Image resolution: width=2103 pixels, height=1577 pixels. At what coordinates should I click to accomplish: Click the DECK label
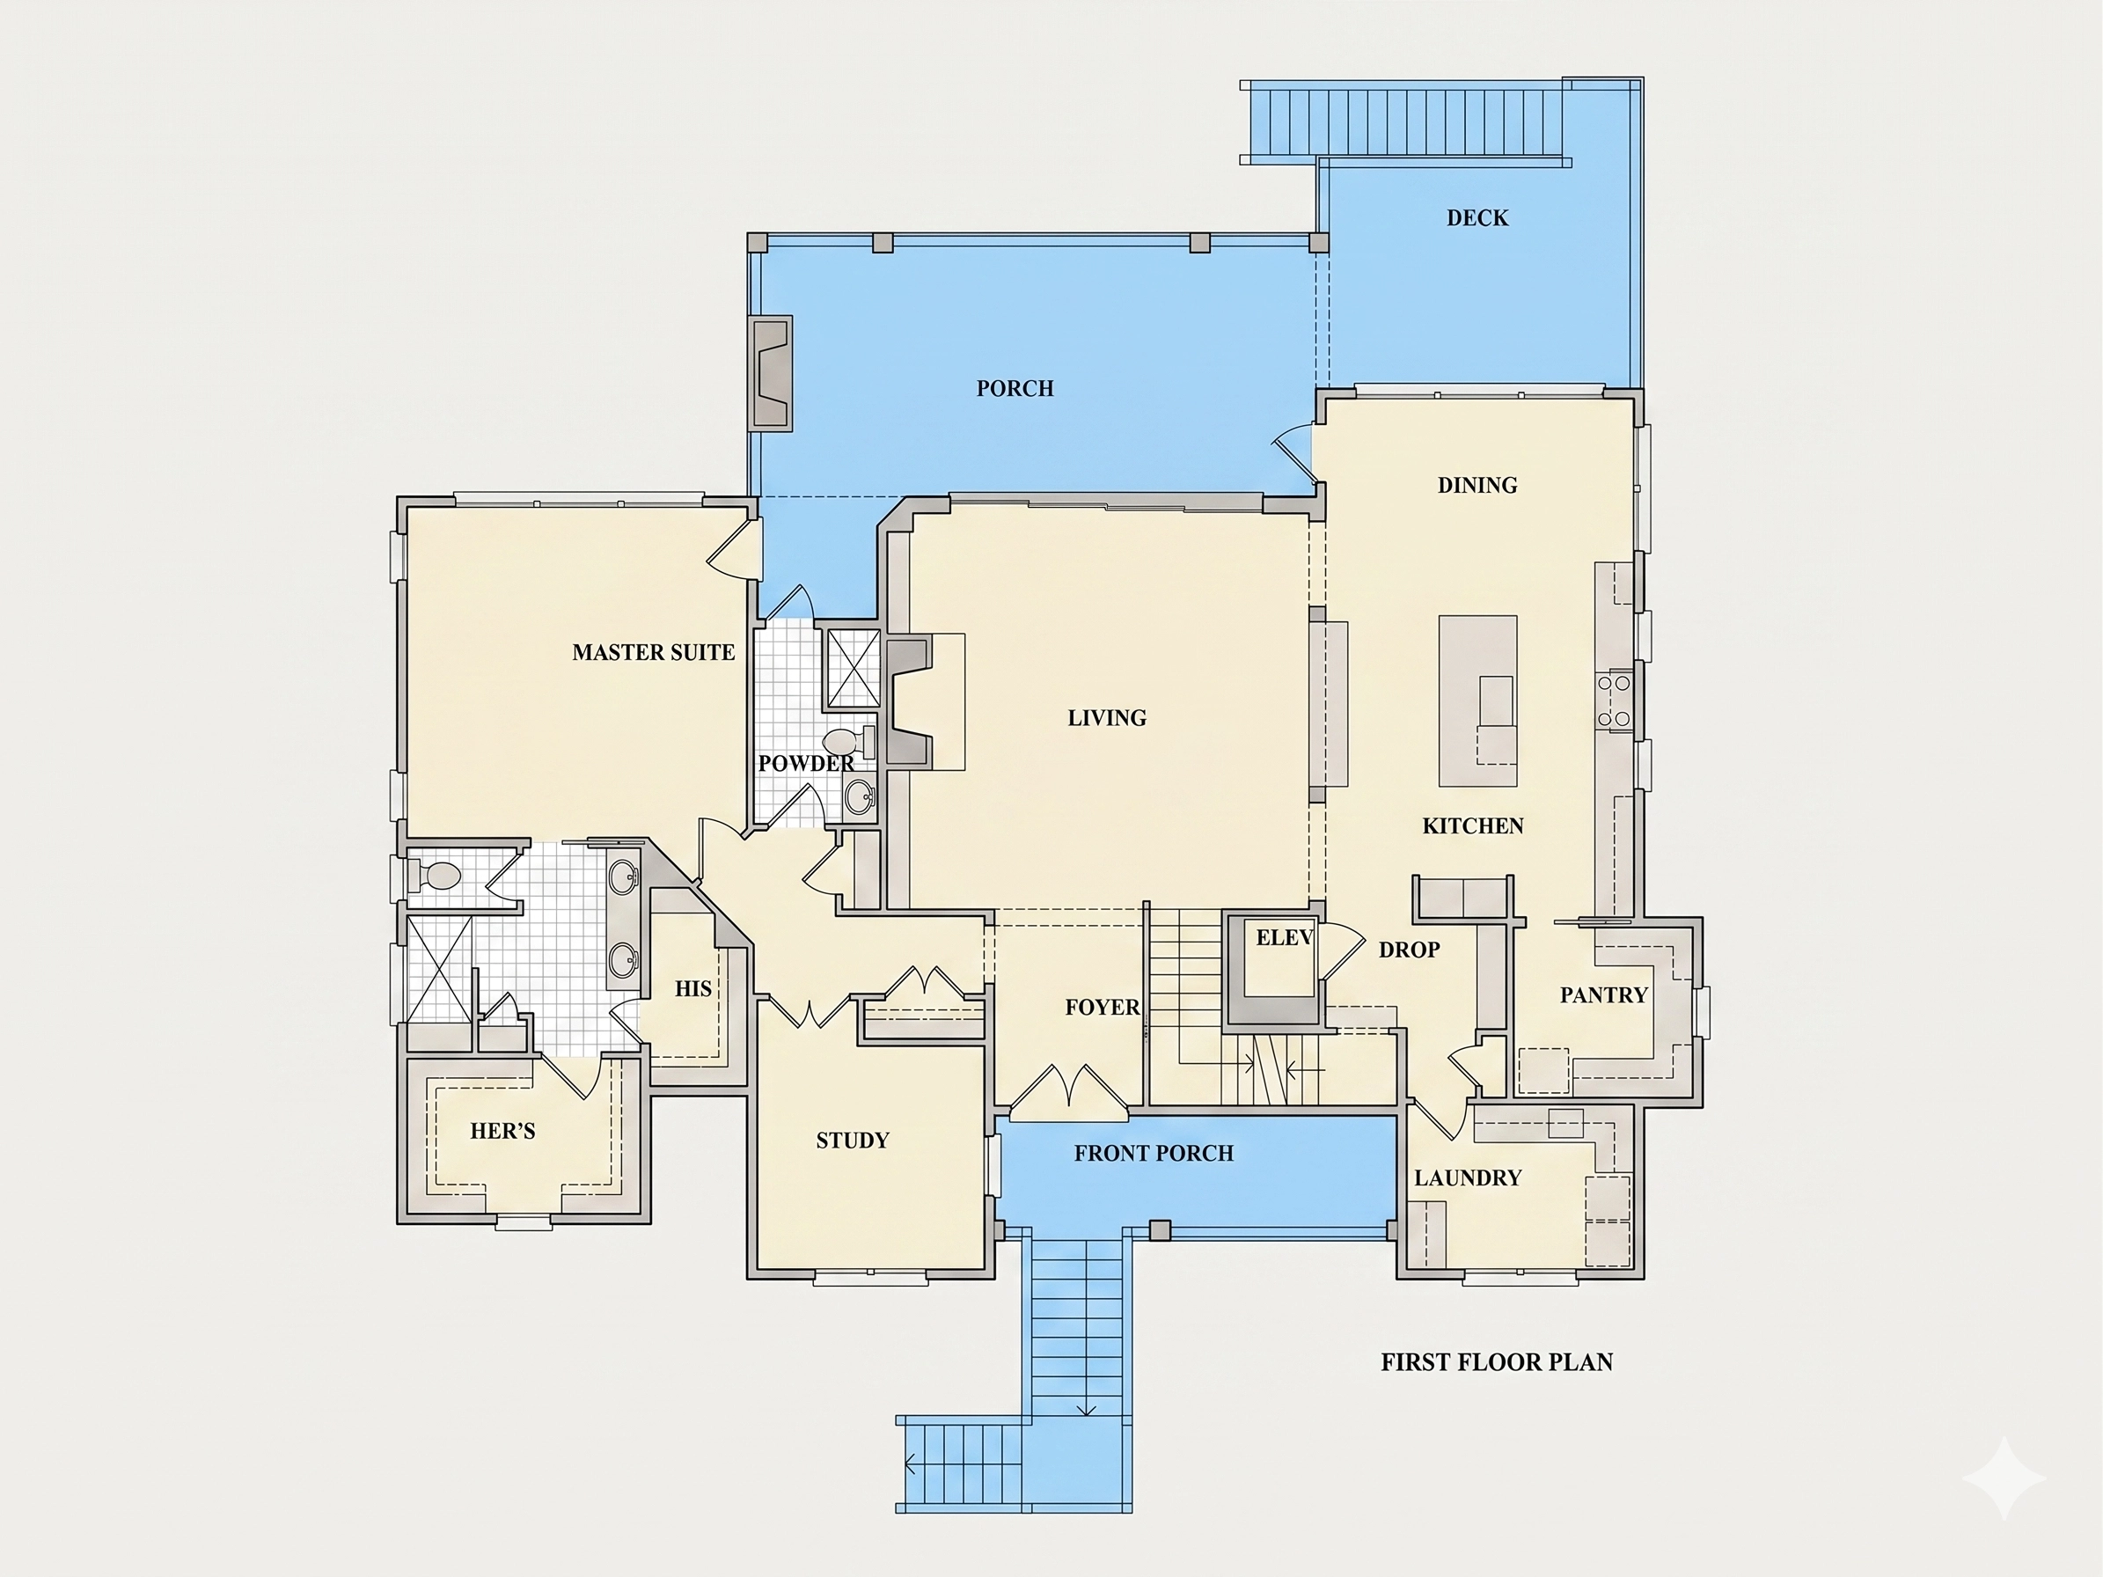click(1477, 217)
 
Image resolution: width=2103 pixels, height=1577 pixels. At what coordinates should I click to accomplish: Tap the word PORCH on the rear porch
click(1015, 388)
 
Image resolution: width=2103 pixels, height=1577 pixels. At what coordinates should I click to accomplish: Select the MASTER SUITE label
click(653, 652)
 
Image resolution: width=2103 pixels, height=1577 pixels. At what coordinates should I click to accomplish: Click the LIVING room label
click(1107, 718)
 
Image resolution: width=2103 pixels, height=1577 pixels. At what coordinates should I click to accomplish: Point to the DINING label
click(1476, 485)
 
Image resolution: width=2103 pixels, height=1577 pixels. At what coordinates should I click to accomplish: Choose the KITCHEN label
click(1473, 826)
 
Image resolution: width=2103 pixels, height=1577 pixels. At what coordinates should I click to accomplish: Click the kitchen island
click(1477, 700)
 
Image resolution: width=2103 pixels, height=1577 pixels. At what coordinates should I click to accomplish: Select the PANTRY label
click(1603, 995)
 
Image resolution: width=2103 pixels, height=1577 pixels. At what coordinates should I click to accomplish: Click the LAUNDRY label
click(1467, 1177)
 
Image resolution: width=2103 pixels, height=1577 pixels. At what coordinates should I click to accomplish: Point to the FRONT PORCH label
click(1154, 1153)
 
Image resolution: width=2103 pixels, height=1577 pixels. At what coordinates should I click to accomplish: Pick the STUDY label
click(852, 1140)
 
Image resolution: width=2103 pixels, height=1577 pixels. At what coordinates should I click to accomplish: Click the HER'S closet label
click(502, 1130)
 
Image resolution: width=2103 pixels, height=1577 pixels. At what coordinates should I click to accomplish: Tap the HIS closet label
click(693, 988)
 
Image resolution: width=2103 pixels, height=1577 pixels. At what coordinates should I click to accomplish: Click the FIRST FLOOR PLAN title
click(1497, 1362)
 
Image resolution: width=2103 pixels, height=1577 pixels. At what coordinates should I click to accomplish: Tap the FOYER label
click(1102, 1007)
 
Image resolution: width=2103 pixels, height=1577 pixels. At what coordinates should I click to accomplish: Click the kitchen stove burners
click(1614, 700)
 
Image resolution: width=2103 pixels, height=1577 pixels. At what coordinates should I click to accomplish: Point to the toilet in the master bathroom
click(436, 875)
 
